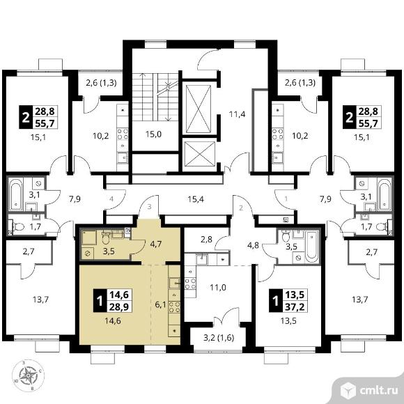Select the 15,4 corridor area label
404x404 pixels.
point(196,199)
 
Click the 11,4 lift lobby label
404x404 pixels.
point(237,114)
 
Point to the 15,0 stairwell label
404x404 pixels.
point(153,134)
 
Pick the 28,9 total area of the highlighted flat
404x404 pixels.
point(119,306)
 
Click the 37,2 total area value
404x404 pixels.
point(295,306)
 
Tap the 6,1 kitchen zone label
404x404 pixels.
point(160,305)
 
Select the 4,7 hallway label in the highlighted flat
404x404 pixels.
point(156,244)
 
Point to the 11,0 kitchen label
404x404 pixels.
point(218,287)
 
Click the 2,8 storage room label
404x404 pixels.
point(206,240)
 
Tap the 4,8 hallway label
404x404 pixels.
point(253,246)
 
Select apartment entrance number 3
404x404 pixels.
point(150,207)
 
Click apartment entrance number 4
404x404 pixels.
point(111,199)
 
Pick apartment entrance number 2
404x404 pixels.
point(241,208)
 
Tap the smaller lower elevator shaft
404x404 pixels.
point(200,154)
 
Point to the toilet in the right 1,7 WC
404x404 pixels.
point(383,227)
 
